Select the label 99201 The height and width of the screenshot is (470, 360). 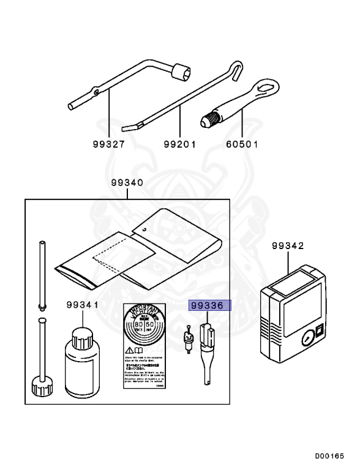pos(179,145)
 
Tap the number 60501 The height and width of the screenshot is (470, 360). pos(242,145)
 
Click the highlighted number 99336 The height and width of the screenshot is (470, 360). pos(209,305)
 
